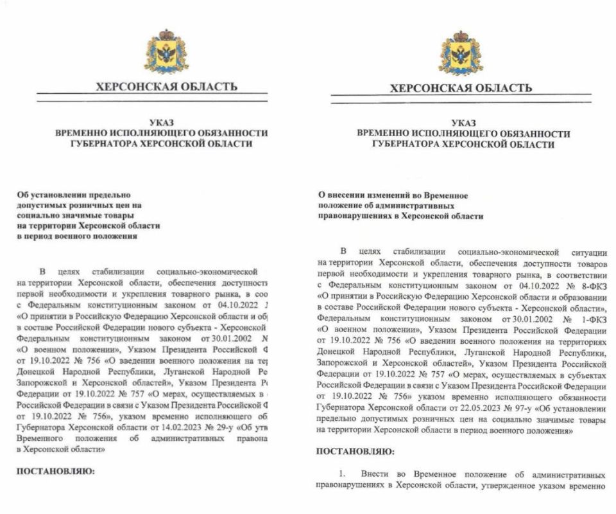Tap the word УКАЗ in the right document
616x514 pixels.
[463, 122]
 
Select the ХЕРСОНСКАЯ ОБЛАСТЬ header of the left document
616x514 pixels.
[166, 86]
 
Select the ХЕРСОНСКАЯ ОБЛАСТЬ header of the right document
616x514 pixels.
[461, 87]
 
